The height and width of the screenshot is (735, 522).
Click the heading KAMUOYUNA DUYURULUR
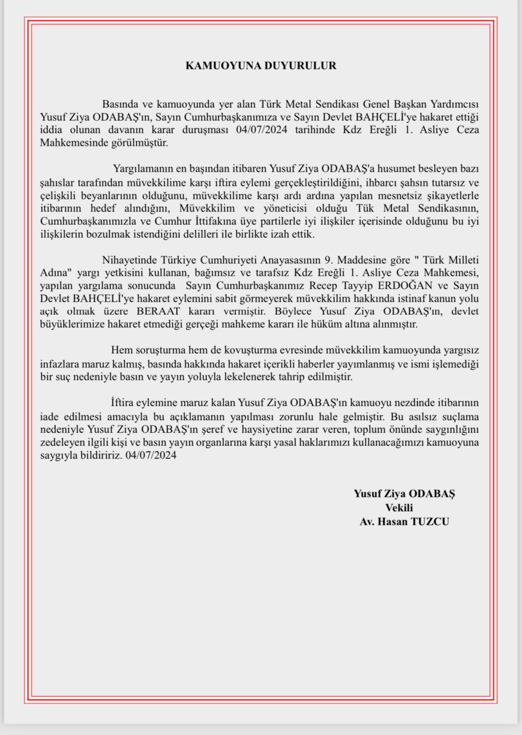[x=261, y=66]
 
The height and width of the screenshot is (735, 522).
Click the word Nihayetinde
[x=127, y=260]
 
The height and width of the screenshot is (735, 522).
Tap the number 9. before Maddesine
[x=329, y=260]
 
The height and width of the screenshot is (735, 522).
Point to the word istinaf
[x=400, y=299]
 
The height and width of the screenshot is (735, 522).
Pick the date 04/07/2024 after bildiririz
[x=151, y=455]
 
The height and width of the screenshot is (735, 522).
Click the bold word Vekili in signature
[x=399, y=508]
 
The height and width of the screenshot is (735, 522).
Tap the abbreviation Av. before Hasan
[x=367, y=521]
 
